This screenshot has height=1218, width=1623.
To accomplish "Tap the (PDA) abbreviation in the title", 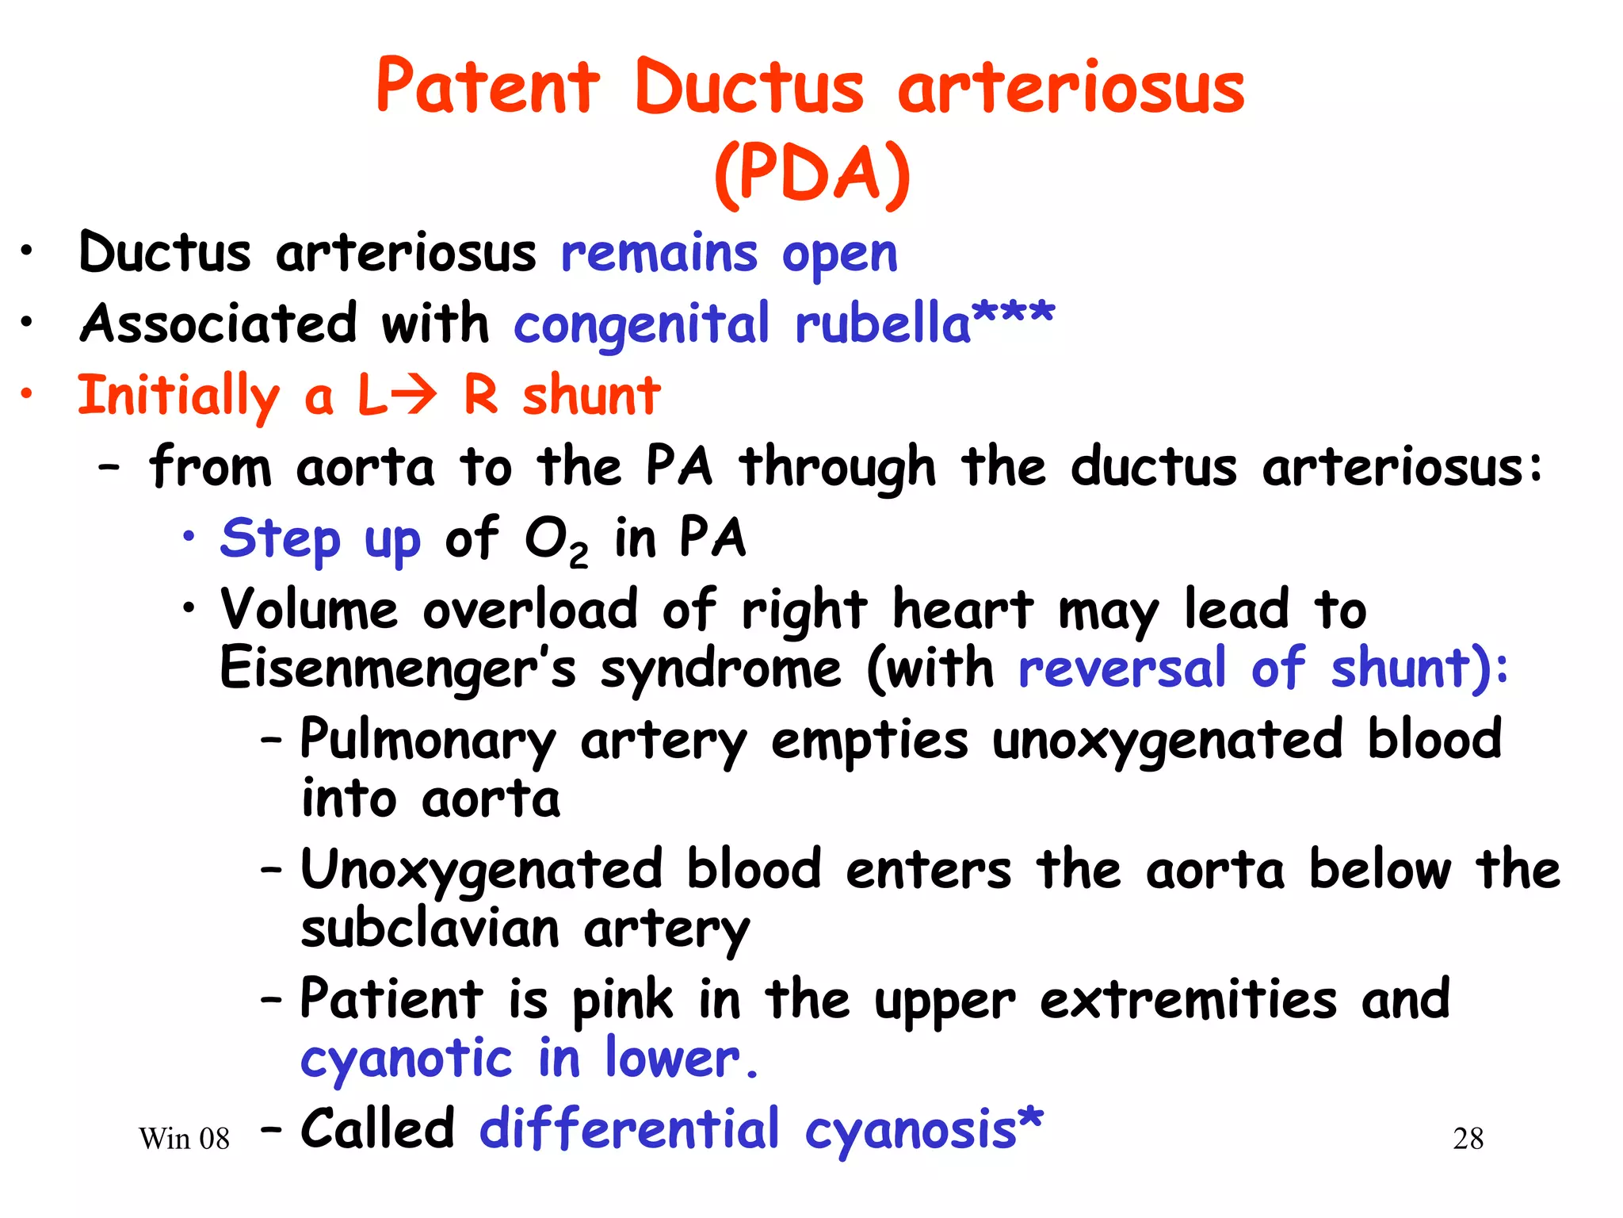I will tap(811, 173).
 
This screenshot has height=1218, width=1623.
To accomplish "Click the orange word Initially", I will tap(178, 395).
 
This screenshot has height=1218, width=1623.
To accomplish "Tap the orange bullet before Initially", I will tap(27, 393).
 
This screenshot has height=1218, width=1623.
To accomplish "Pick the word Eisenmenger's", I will tap(397, 668).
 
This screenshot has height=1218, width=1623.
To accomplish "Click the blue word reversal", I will tap(1121, 668).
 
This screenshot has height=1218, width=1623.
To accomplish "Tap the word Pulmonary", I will tap(428, 740).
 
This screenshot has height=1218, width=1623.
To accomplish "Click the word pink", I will tap(622, 1001).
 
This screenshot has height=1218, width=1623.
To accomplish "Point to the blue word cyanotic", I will tap(406, 1059).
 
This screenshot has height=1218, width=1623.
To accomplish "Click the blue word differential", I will tap(629, 1129).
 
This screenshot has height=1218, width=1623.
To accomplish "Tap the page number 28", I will tap(1468, 1139).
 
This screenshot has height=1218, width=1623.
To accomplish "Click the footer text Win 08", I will tap(184, 1139).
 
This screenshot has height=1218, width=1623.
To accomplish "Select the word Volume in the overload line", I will tap(309, 610).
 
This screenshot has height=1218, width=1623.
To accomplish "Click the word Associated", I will tap(219, 324).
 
